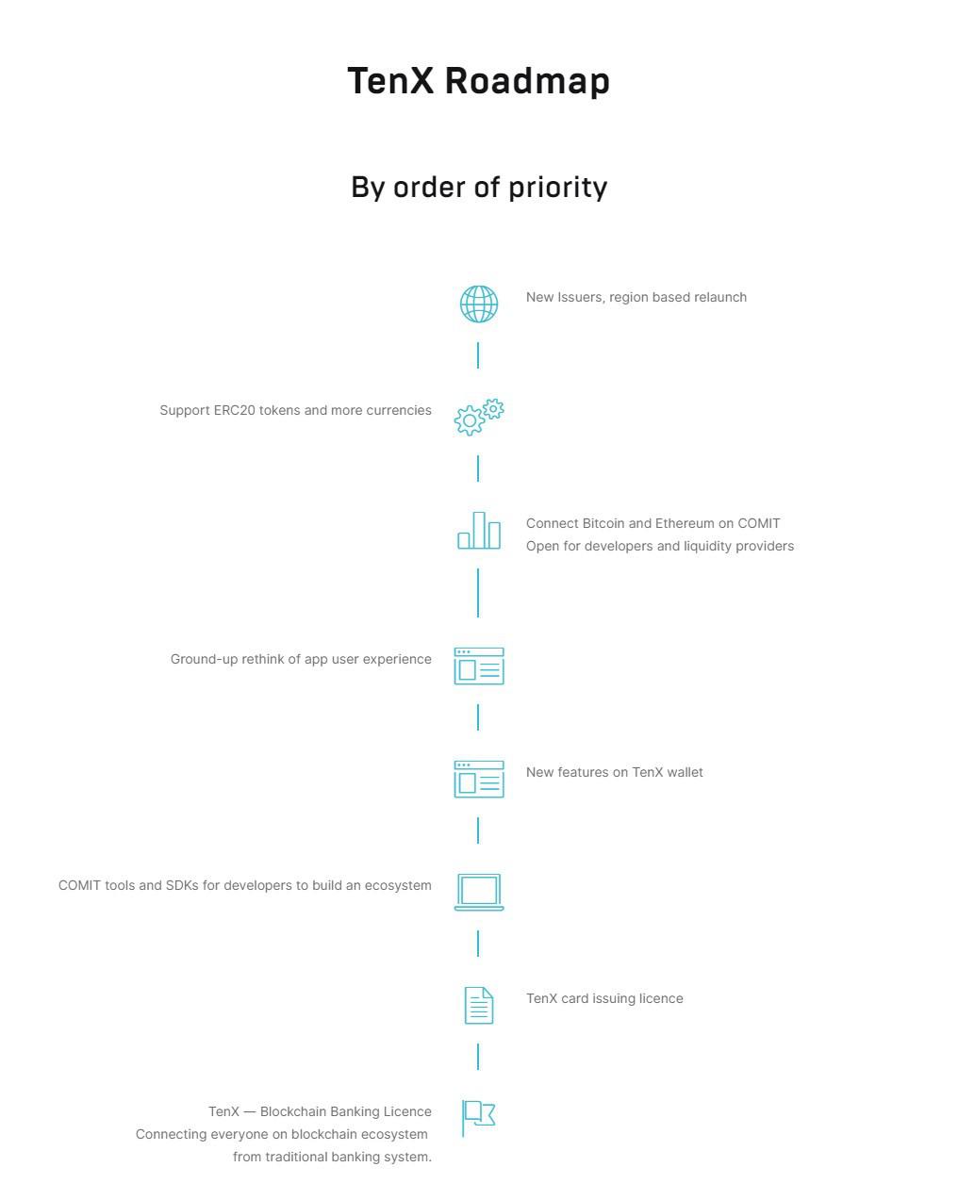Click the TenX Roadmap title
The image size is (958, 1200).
pos(478,81)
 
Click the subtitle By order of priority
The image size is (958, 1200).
pos(479,188)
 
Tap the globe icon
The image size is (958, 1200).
pos(479,304)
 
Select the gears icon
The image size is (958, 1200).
pos(479,417)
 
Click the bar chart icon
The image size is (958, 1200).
pos(479,531)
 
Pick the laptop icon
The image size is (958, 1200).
pos(479,892)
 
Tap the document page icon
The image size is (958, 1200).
pos(479,1006)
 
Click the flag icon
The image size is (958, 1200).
pos(479,1118)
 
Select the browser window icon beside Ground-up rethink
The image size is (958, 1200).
pos(479,666)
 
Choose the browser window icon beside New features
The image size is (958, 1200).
pos(479,779)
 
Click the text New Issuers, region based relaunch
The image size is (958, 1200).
pos(636,297)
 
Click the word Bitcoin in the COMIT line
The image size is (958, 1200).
pos(603,523)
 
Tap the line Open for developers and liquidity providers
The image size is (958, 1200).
pos(660,546)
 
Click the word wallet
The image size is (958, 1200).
pos(685,772)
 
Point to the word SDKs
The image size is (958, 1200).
pos(182,885)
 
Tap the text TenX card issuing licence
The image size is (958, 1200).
pos(604,998)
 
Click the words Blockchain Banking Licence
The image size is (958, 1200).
pos(346,1111)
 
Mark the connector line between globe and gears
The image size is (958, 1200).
pos(478,355)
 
